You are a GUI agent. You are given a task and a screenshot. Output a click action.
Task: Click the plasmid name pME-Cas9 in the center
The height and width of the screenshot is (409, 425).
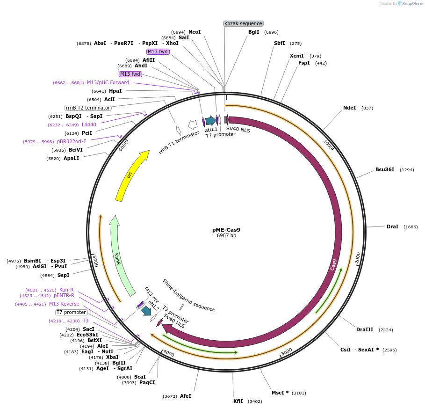(226, 230)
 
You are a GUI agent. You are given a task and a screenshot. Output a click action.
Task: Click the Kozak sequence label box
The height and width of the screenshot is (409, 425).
(243, 23)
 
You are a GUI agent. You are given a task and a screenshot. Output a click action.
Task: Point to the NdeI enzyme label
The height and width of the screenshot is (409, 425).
(349, 108)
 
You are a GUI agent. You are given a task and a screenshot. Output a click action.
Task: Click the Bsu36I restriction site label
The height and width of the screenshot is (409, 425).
(385, 169)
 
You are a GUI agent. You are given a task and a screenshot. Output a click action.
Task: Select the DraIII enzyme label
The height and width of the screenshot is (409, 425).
(365, 329)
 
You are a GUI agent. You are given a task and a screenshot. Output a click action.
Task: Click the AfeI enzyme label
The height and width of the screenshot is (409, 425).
(186, 396)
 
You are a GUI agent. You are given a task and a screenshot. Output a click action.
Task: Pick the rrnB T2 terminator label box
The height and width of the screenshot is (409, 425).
(88, 108)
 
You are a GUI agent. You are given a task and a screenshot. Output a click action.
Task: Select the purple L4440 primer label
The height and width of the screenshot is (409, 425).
(89, 124)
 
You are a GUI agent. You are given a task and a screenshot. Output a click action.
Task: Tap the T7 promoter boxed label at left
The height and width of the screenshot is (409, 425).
(72, 312)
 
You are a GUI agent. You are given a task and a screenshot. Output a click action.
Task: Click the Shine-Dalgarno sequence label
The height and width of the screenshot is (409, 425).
(188, 295)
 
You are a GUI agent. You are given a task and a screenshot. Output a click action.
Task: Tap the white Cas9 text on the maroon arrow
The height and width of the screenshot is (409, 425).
(333, 265)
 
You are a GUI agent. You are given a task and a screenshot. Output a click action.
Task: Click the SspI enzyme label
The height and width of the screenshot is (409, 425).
(63, 275)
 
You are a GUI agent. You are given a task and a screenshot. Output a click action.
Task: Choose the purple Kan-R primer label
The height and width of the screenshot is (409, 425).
(66, 290)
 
